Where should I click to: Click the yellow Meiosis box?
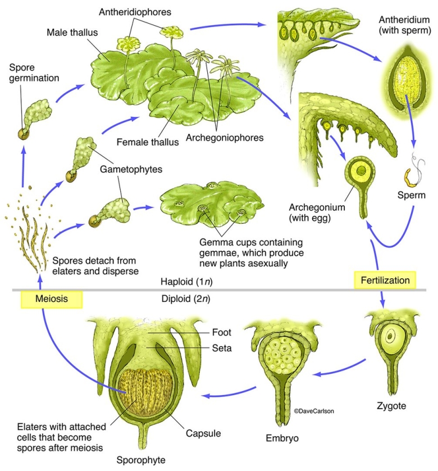[x=51, y=299]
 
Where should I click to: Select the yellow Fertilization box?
[x=385, y=279]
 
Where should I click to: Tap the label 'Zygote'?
[x=391, y=405]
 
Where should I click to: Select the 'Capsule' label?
[x=203, y=434]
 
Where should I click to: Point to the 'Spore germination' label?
[x=34, y=73]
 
